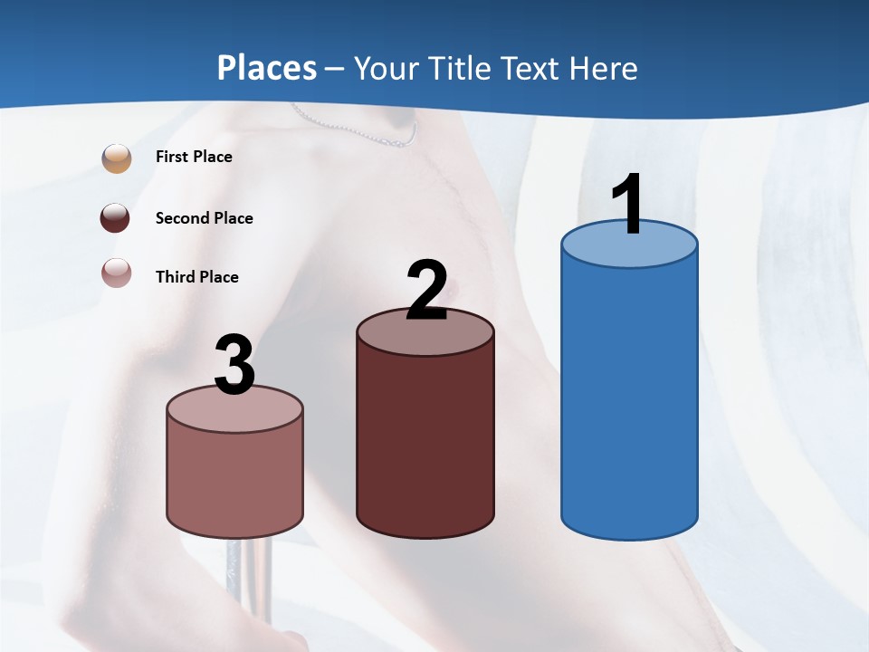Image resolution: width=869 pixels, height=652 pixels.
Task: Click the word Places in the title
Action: tap(266, 68)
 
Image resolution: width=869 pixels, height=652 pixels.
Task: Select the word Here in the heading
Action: tap(603, 68)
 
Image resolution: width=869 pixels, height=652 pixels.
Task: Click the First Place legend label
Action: tap(194, 157)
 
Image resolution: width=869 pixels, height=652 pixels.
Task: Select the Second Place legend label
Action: tap(204, 218)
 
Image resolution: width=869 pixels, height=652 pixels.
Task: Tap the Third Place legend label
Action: tap(196, 277)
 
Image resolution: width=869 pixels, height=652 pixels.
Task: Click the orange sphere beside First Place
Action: tap(116, 158)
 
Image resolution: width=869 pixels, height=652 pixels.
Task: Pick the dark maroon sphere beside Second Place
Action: tap(115, 218)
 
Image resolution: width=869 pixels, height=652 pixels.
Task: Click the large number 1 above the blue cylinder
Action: tap(628, 204)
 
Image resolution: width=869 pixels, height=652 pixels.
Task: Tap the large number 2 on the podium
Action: tap(426, 290)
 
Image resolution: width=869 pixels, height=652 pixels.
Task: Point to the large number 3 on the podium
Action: tap(234, 365)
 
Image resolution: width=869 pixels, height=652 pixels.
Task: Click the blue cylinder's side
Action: tap(629, 398)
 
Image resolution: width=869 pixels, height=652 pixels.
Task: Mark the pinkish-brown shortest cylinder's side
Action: tap(234, 480)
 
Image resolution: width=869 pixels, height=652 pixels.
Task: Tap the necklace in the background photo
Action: tap(362, 132)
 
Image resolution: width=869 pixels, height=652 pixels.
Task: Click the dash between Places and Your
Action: tap(335, 69)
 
